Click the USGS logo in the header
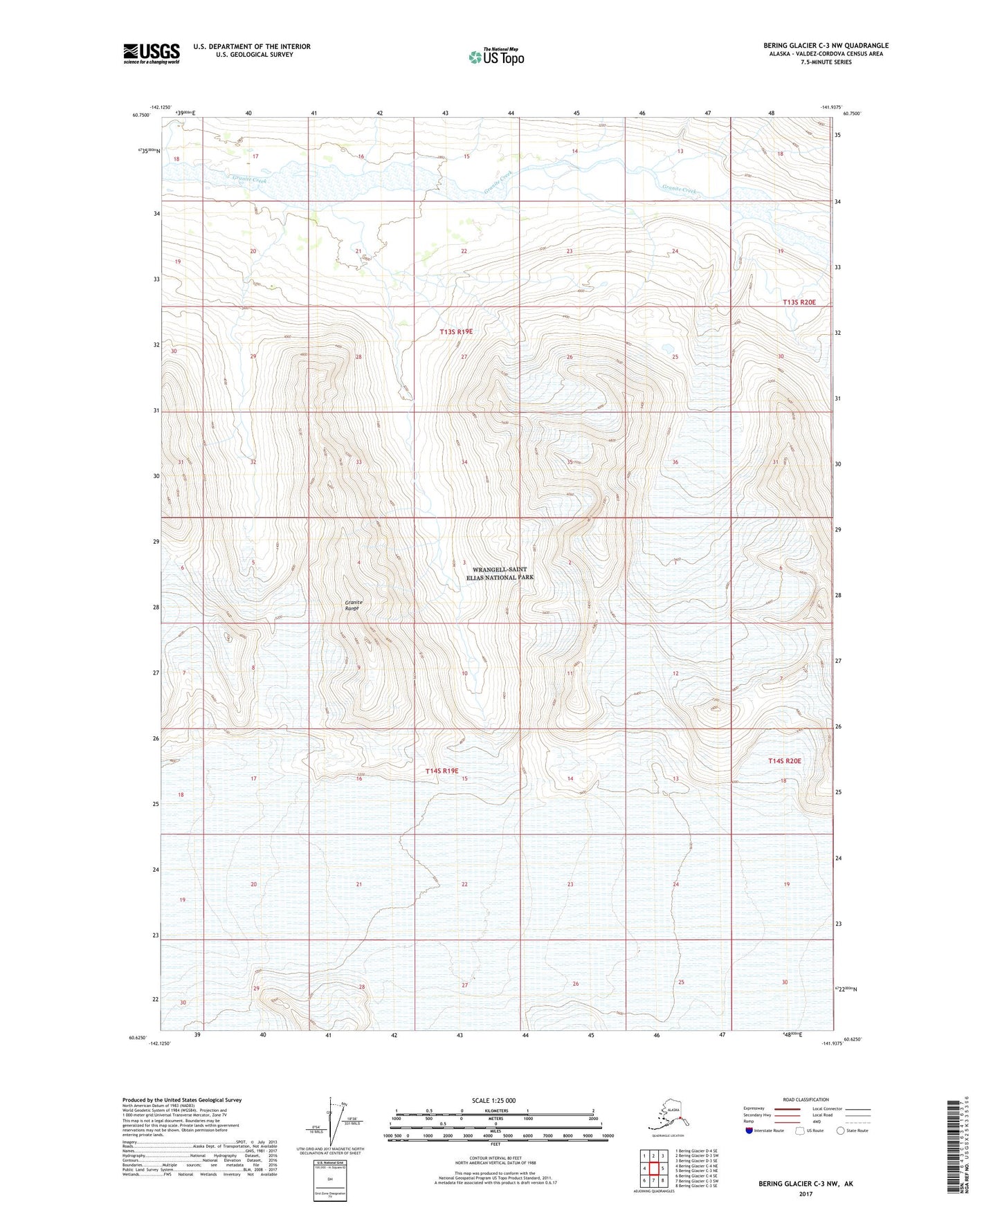click(x=151, y=53)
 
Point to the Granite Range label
click(x=353, y=605)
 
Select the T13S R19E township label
click(x=457, y=331)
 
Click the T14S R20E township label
click(x=784, y=760)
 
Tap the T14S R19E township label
click(x=442, y=770)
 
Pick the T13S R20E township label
click(x=799, y=302)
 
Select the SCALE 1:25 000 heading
click(x=494, y=1100)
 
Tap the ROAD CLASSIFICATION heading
click(x=806, y=1099)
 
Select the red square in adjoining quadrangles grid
click(x=653, y=1168)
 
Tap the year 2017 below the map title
click(x=805, y=1193)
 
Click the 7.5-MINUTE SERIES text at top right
click(x=826, y=62)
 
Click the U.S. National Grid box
click(x=329, y=1179)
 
